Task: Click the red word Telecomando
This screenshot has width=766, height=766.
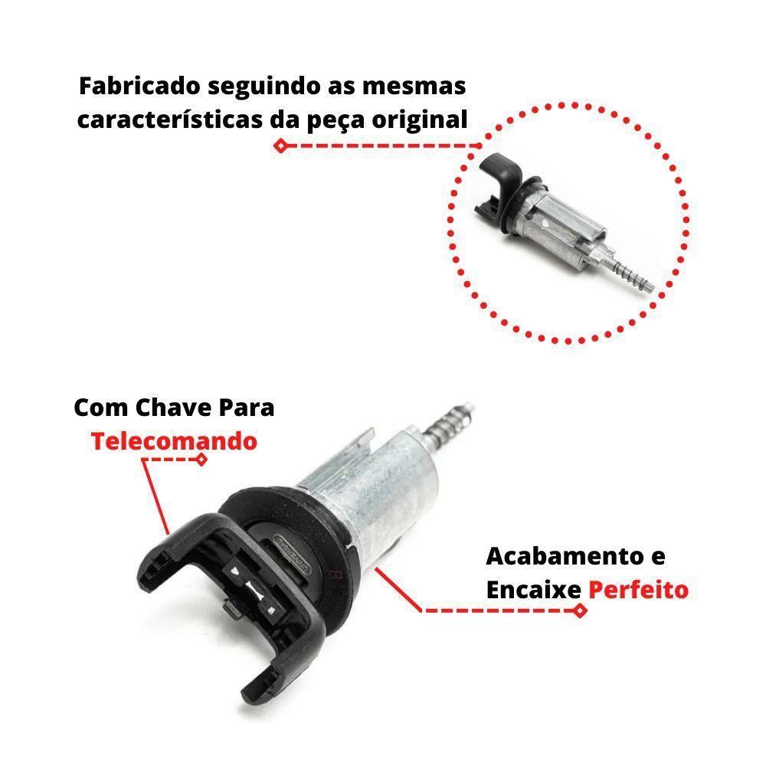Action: [174, 441]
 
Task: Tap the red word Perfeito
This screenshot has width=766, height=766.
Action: [638, 590]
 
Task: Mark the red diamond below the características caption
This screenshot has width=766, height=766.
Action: [281, 146]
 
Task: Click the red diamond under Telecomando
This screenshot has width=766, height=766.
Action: [201, 460]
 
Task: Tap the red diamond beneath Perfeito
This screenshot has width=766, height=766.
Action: [580, 611]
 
